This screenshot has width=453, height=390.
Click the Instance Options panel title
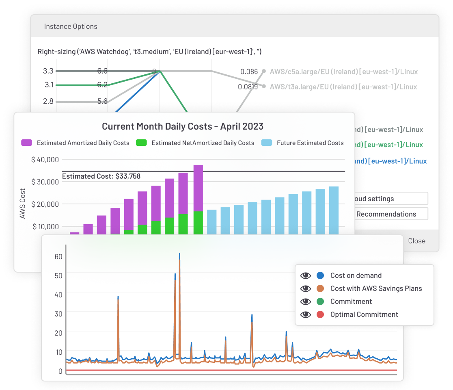(71, 26)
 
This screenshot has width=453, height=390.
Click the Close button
(416, 241)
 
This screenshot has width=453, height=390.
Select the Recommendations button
(386, 214)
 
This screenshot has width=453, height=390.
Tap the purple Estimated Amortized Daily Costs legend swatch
(27, 143)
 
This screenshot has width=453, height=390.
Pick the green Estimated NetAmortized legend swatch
(141, 143)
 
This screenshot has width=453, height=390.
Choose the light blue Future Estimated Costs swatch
(267, 143)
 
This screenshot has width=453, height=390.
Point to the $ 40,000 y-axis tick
(45, 159)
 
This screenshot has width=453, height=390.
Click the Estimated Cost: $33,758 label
(101, 176)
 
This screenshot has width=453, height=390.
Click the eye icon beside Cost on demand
(306, 275)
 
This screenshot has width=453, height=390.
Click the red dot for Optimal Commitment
(320, 314)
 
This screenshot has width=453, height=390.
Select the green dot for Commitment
(320, 301)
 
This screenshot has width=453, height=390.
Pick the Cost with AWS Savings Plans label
(376, 288)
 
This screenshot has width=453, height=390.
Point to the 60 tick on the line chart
(58, 256)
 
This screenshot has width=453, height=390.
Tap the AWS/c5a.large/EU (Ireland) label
(343, 72)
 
